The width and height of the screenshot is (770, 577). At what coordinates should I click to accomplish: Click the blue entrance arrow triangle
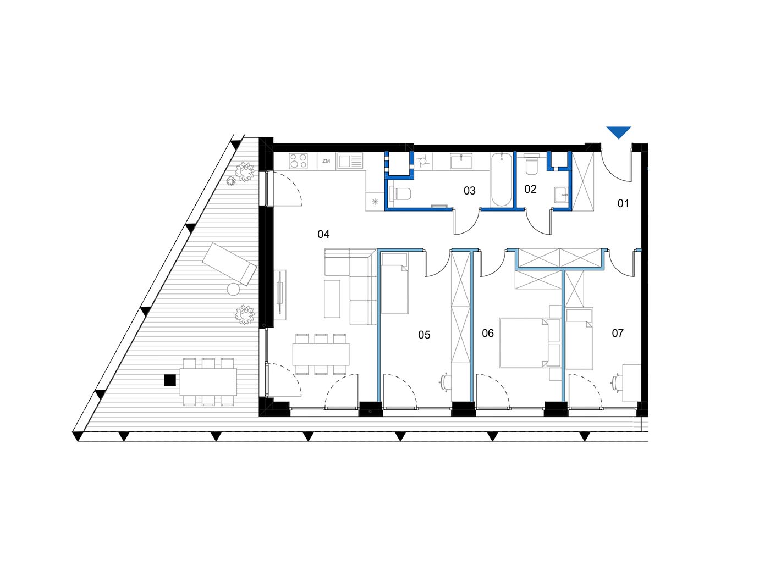[618, 132]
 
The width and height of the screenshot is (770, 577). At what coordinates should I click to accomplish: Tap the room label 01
[623, 203]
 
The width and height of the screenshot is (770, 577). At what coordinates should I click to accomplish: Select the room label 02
[530, 189]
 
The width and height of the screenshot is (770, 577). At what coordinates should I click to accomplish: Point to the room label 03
[469, 191]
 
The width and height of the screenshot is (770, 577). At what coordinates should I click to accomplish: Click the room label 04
[323, 234]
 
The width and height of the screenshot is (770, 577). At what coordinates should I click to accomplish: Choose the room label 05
[424, 335]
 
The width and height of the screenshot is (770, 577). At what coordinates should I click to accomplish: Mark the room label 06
[488, 333]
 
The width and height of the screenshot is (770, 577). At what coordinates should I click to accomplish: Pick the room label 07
[618, 333]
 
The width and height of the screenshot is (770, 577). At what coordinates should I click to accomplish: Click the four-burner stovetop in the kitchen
[298, 161]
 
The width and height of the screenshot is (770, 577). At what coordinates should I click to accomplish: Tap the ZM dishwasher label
[326, 161]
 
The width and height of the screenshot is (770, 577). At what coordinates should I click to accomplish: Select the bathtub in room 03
[501, 179]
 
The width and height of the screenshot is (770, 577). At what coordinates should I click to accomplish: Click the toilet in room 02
[531, 164]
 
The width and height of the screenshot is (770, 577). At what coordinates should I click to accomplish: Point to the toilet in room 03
[402, 194]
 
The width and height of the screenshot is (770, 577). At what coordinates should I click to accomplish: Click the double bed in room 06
[523, 342]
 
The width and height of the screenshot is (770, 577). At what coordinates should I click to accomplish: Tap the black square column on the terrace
[170, 380]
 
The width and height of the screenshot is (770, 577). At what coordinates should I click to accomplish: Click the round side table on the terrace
[233, 290]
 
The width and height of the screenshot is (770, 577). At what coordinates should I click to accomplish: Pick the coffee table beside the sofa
[332, 298]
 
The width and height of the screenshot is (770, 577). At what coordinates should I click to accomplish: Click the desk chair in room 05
[446, 382]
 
